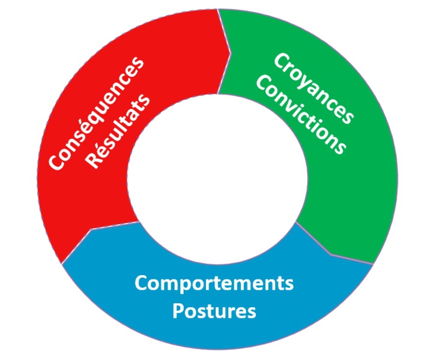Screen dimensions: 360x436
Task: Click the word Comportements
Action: [x=214, y=283]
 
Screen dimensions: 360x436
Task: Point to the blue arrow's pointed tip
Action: [x=90, y=230]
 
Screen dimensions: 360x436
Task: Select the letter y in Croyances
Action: [x=303, y=81]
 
